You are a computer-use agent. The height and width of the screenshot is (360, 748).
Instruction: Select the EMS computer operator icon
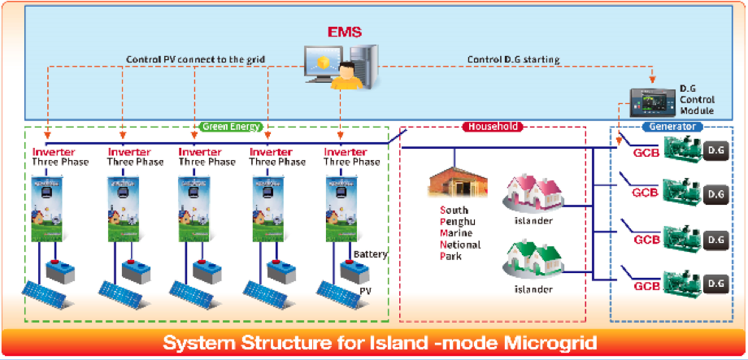point(341,70)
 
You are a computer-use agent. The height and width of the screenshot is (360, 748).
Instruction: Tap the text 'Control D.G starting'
point(514,59)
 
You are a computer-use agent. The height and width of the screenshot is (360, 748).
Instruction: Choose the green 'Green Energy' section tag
point(230,127)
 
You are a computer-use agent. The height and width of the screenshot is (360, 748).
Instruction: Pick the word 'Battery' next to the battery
point(371,254)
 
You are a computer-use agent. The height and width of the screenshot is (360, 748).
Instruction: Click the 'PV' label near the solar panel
point(365,289)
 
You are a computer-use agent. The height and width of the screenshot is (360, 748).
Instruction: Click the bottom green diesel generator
point(683,283)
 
